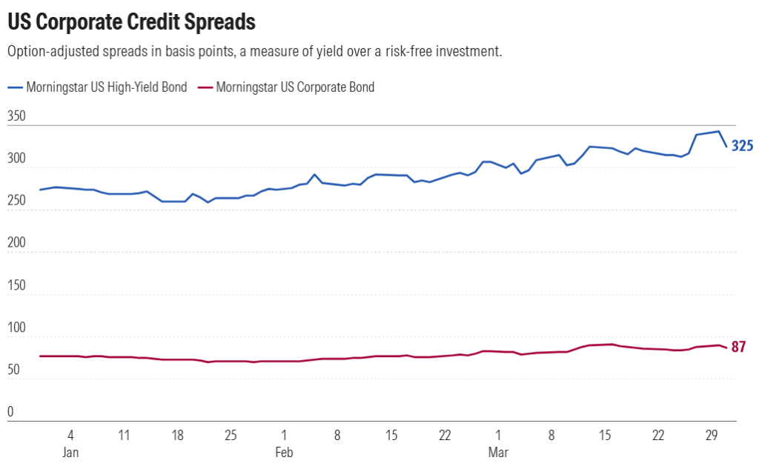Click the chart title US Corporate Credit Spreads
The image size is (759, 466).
click(131, 22)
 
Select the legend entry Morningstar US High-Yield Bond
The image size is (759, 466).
click(107, 87)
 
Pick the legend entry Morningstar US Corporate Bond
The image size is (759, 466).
click(295, 87)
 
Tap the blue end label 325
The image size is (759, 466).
click(743, 146)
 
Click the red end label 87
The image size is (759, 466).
click(738, 347)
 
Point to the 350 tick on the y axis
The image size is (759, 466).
click(16, 116)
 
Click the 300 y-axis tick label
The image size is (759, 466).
click(16, 159)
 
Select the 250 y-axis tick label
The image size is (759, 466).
click(16, 201)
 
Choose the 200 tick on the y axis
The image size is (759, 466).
click(16, 243)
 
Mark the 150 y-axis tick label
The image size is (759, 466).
click(16, 285)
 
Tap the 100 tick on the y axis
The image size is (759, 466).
click(16, 327)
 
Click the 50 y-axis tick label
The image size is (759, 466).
click(13, 370)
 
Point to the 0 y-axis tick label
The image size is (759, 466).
click(10, 412)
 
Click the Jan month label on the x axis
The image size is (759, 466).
click(70, 452)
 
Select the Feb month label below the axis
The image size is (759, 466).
click(284, 452)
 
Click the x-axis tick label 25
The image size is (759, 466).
click(231, 434)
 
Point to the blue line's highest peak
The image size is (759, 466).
click(718, 131)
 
